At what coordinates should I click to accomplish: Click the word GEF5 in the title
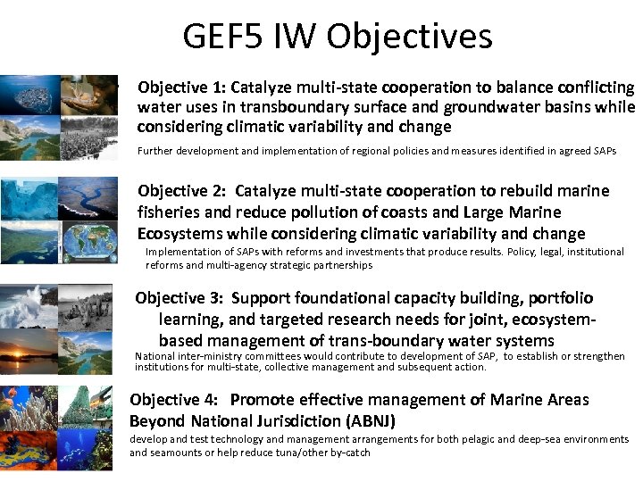[217, 37]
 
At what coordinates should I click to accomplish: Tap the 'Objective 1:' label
[181, 87]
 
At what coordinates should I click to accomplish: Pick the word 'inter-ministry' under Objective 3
[200, 356]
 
